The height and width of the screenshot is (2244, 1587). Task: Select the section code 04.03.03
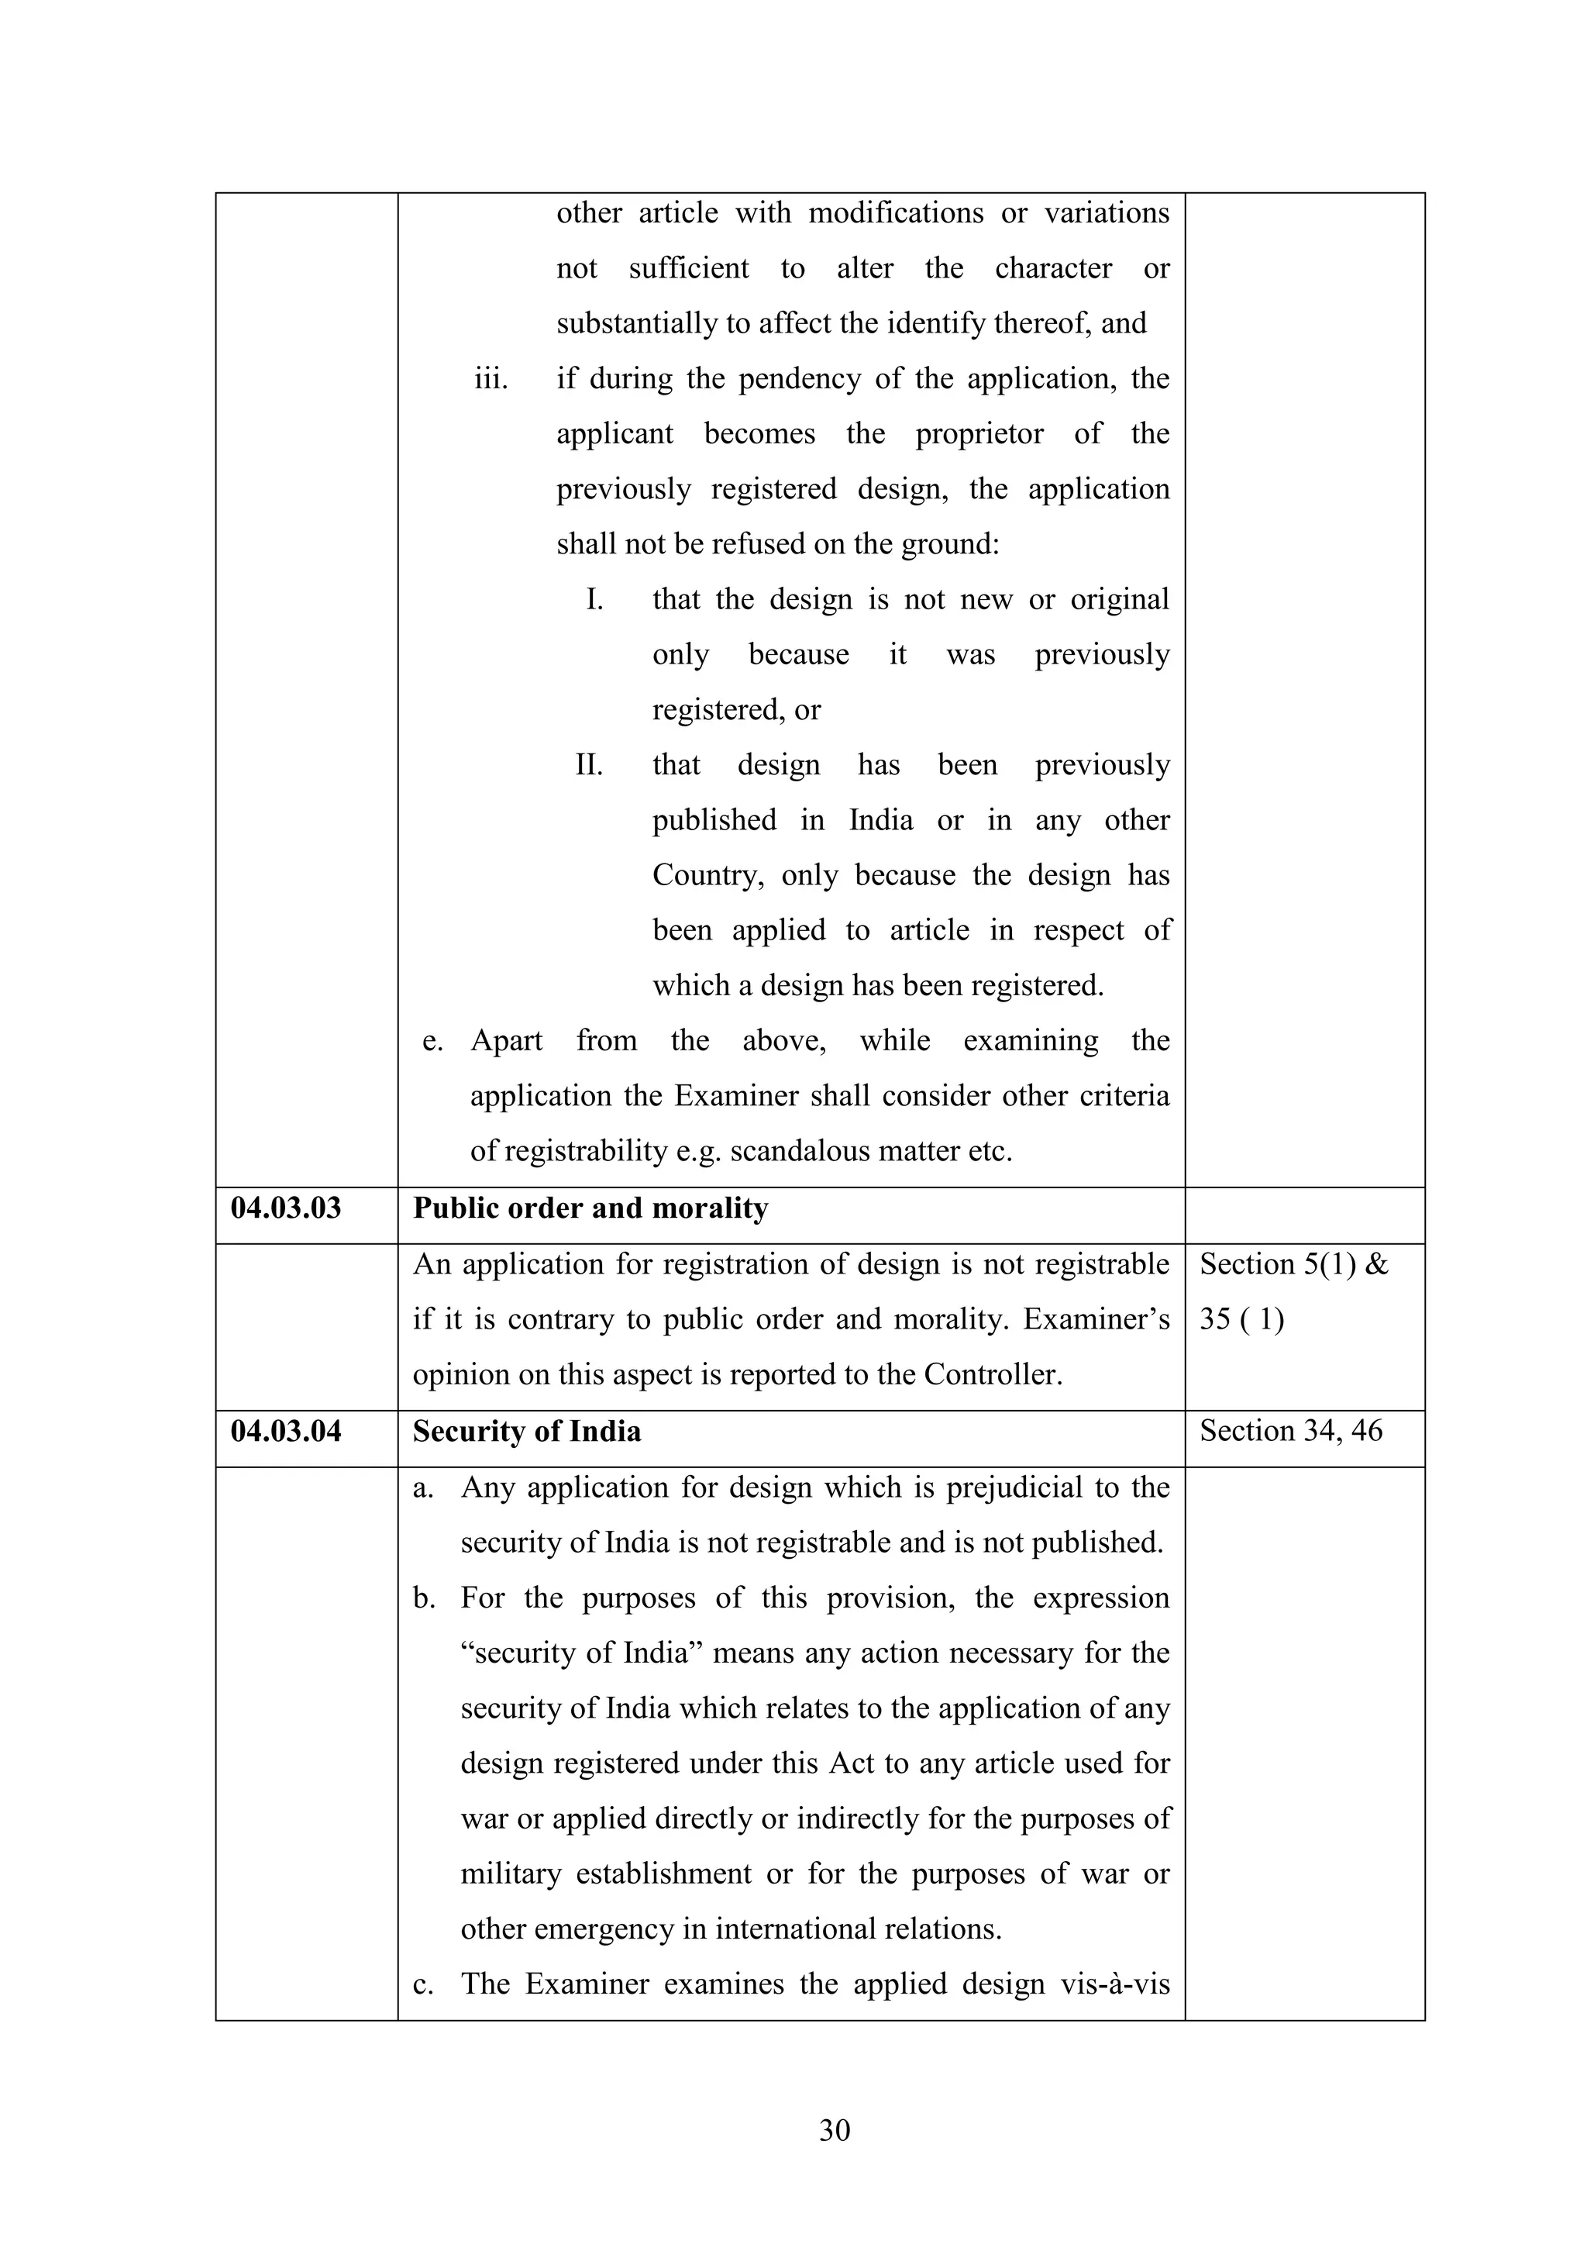tap(286, 1208)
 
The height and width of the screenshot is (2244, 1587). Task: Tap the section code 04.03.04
tap(286, 1431)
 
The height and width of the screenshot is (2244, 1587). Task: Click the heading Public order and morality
tap(590, 1209)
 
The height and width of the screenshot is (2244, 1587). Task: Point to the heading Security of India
tap(527, 1432)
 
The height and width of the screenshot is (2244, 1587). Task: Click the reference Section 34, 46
tap(1291, 1431)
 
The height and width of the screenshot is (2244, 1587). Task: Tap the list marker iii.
tap(491, 379)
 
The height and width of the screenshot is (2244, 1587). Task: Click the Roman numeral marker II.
tap(588, 765)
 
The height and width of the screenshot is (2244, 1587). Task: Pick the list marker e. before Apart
tap(432, 1042)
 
